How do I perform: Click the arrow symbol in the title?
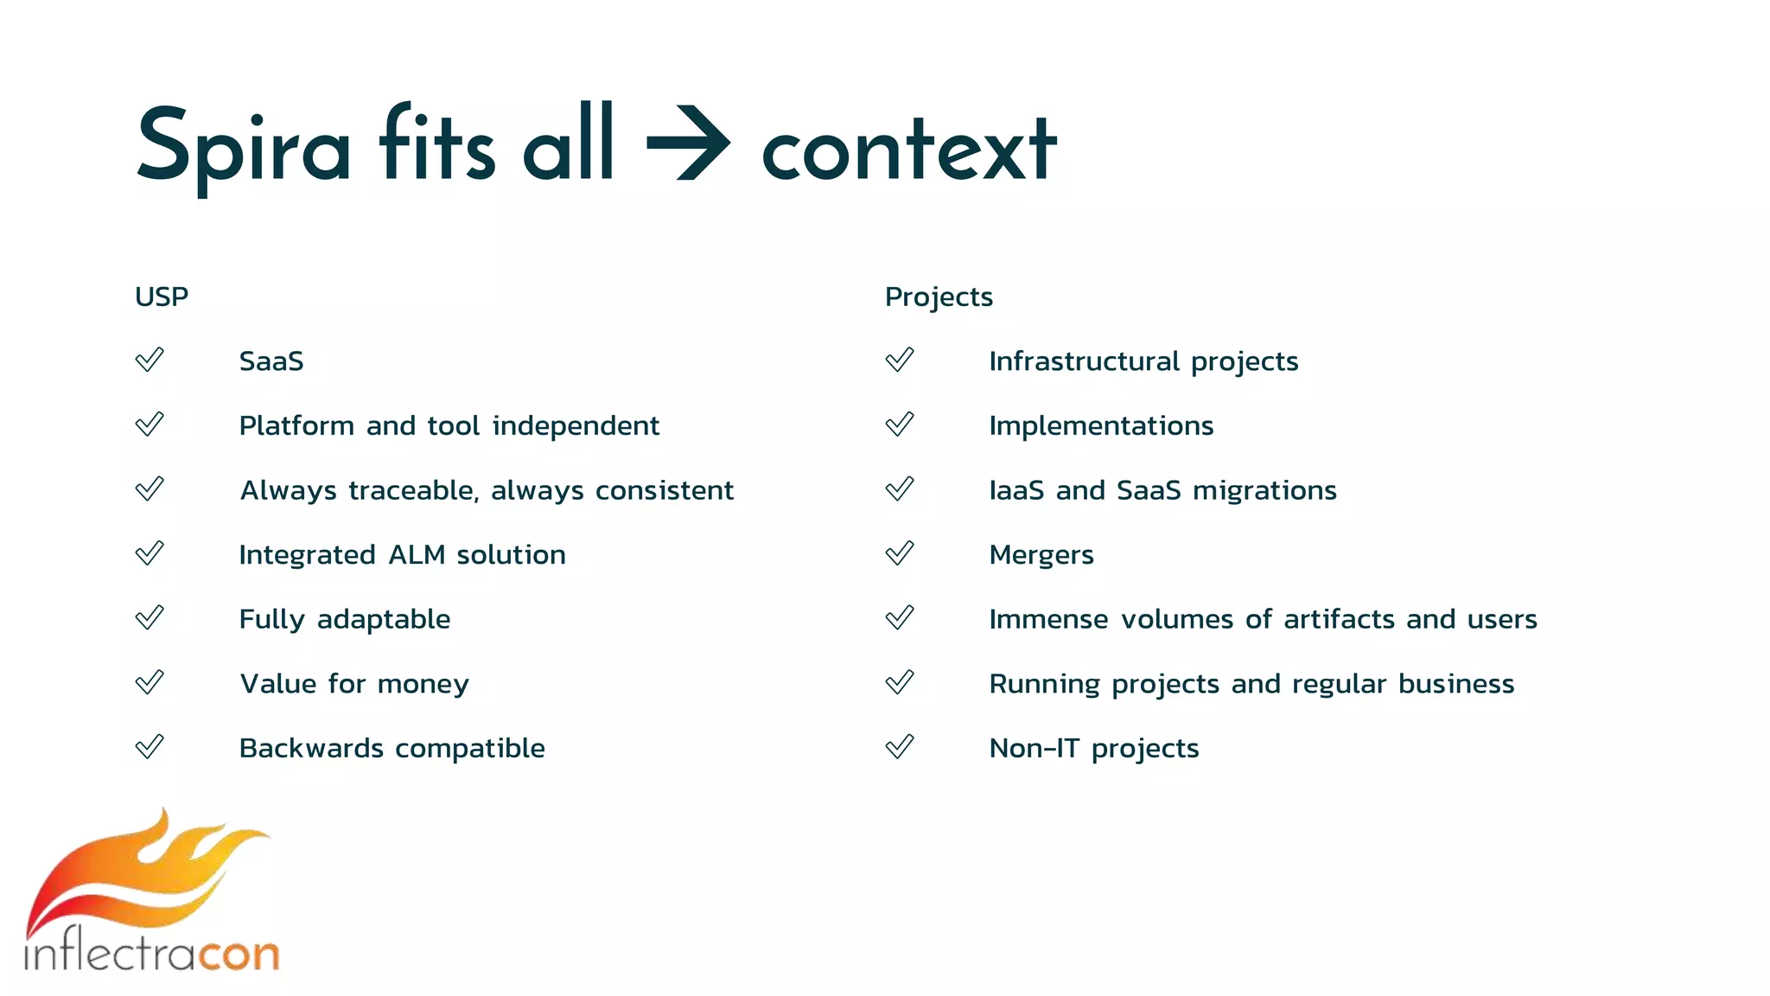pos(689,144)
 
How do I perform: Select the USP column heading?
pos(162,297)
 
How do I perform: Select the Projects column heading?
pos(939,297)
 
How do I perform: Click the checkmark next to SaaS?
pos(150,360)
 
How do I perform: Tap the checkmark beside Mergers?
pos(900,553)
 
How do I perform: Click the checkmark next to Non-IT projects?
pos(900,747)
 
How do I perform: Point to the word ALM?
pos(417,554)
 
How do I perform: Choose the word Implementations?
pos(1101,425)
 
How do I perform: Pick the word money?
pos(423,685)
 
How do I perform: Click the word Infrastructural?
pos(1084,361)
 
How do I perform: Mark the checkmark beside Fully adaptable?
pos(150,618)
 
